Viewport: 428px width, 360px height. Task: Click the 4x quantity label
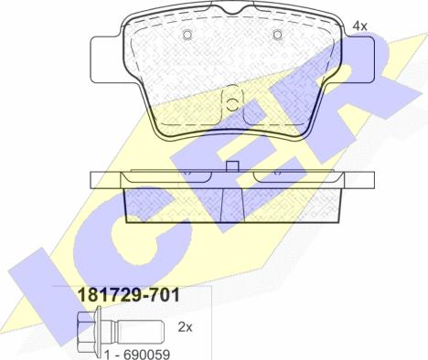pyautogui.click(x=360, y=26)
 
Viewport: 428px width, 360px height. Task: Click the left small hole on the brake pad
pyautogui.click(x=187, y=36)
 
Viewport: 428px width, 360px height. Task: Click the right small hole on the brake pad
pyautogui.click(x=278, y=36)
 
